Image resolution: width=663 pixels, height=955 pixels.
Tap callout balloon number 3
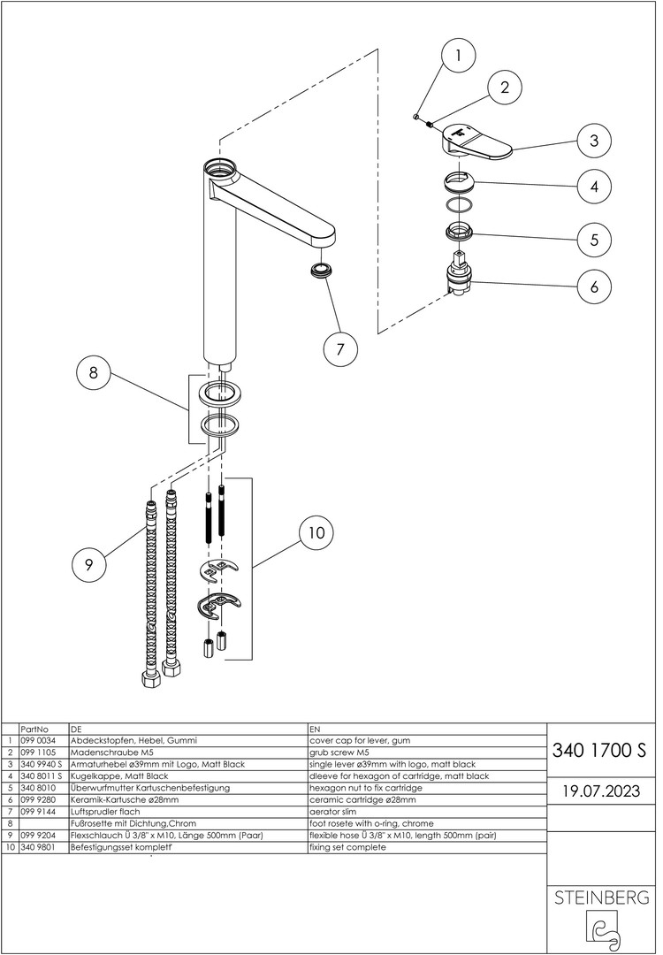coord(595,140)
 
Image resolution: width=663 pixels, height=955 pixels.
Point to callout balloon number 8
coord(93,373)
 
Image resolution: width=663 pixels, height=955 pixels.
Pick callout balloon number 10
coord(316,532)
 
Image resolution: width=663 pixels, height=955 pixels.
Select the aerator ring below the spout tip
coord(324,269)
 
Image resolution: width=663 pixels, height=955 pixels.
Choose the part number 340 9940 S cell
coord(40,763)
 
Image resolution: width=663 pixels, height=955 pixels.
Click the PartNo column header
coord(34,728)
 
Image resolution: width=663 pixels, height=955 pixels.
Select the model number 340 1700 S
coord(599,752)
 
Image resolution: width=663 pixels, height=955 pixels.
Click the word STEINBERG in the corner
coord(600,898)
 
